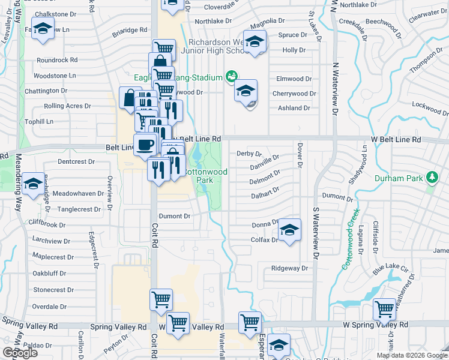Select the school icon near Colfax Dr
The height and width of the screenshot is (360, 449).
pos(289,230)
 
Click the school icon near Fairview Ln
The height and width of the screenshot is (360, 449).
pos(43,29)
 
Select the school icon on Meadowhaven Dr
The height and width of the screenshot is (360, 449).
pos(35,184)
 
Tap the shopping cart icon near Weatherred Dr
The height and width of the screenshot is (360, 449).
pos(384,310)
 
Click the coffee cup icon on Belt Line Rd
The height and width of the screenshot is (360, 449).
pos(144,145)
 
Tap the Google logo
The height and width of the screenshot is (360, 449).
pos(20,353)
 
